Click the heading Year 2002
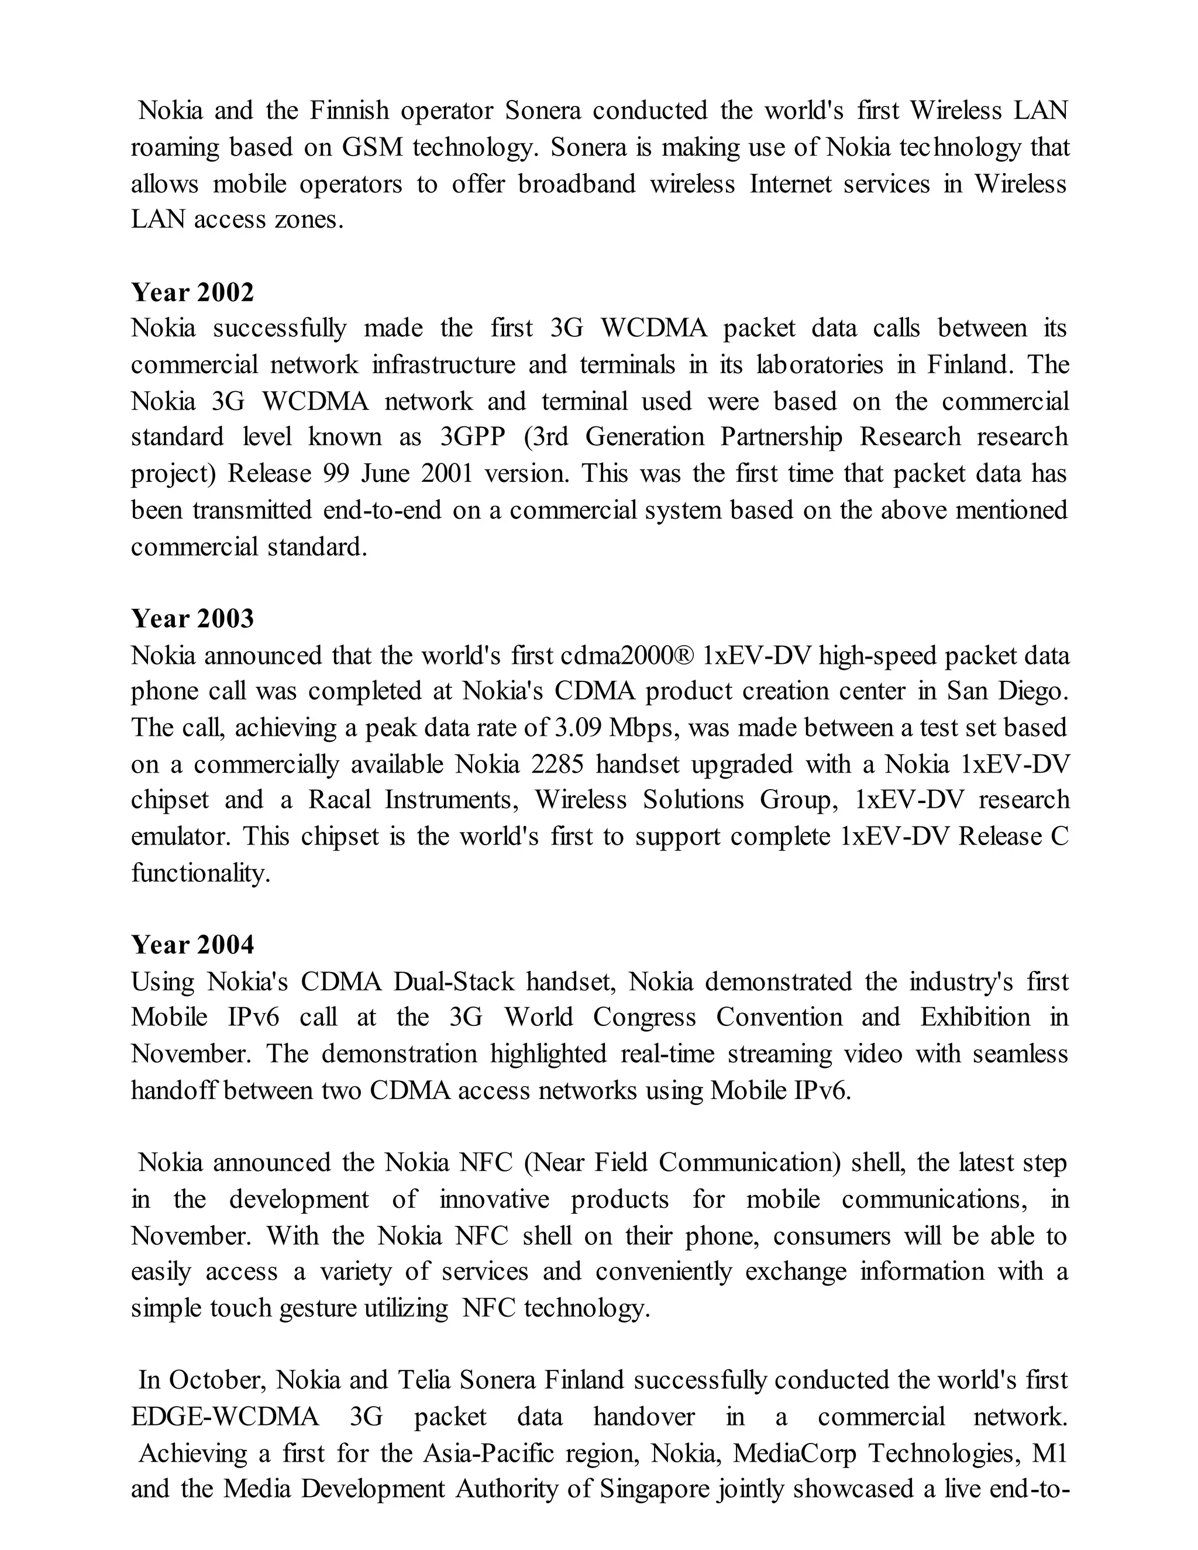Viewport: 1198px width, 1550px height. coord(192,292)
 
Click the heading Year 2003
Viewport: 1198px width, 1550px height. coord(192,618)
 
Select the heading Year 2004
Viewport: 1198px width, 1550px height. coord(192,945)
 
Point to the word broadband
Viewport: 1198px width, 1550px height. coord(576,184)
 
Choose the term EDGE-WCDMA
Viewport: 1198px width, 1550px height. coord(225,1417)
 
